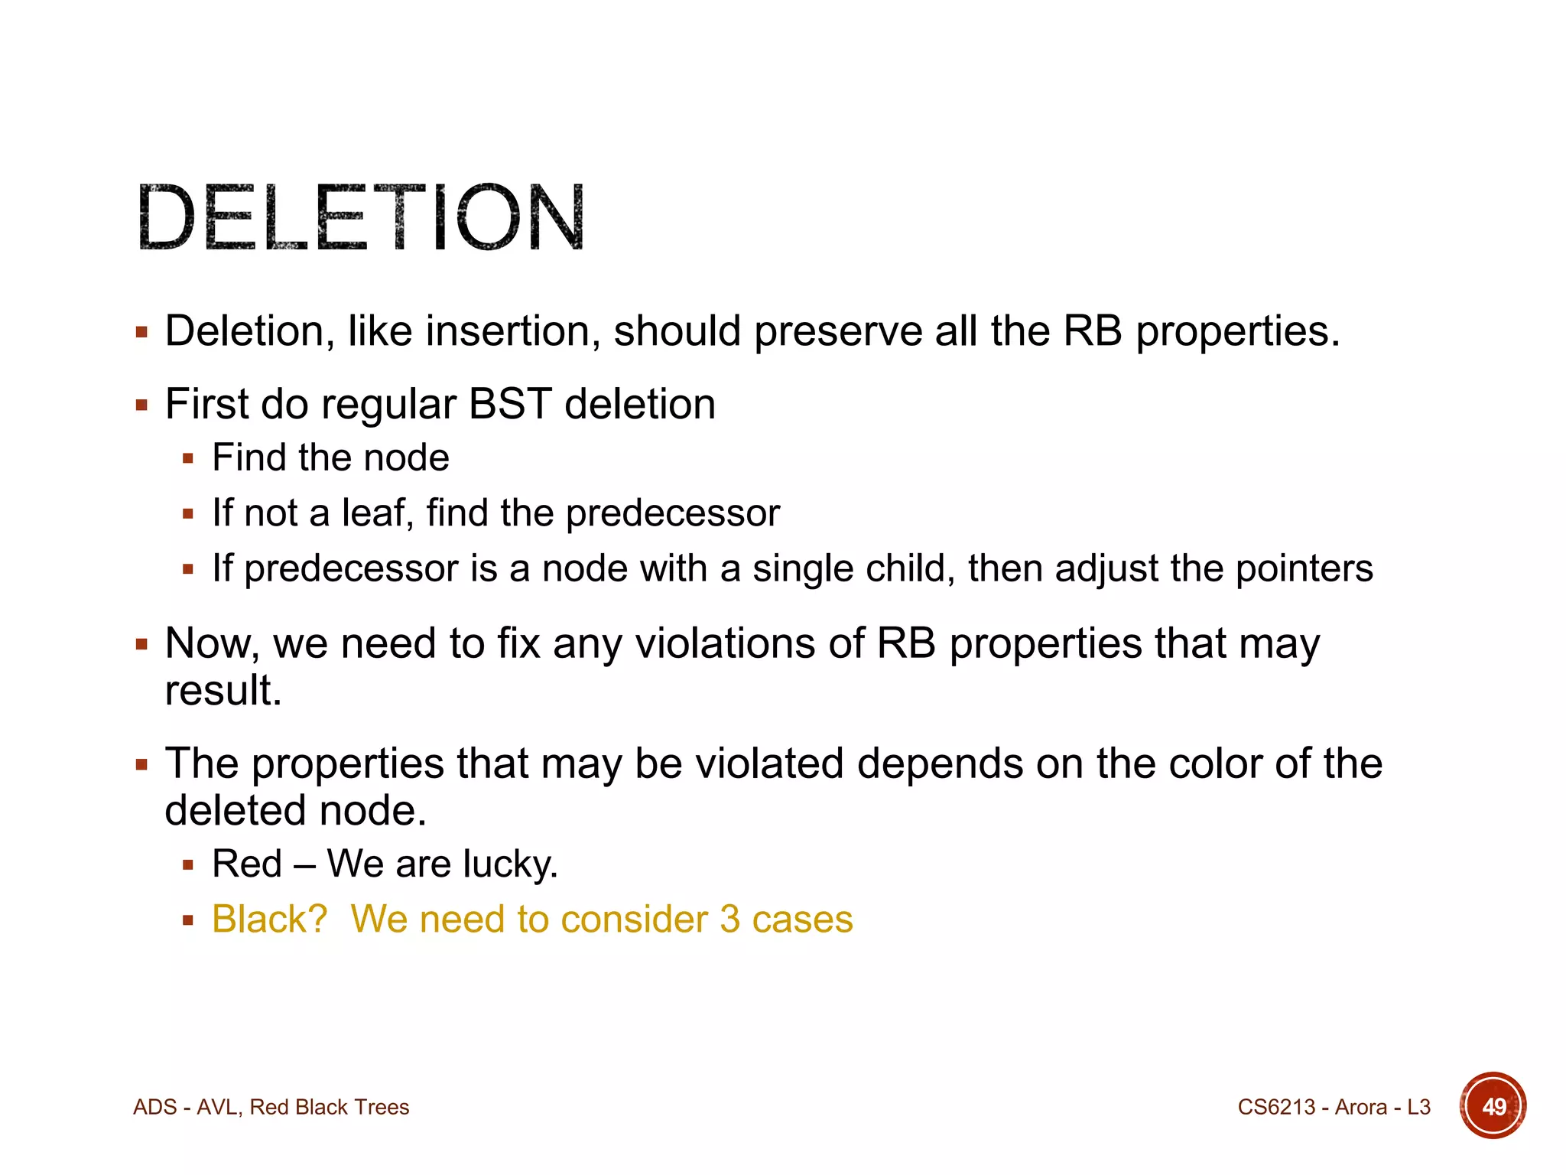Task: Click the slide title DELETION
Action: tap(361, 217)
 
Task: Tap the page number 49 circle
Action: tap(1492, 1106)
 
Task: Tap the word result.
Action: tap(223, 691)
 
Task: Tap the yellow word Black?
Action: tap(269, 919)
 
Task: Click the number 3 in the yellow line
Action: tap(729, 919)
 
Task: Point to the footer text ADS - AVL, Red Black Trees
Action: tap(271, 1107)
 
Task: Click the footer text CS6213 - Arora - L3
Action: tap(1334, 1107)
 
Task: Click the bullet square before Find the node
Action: tap(188, 459)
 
